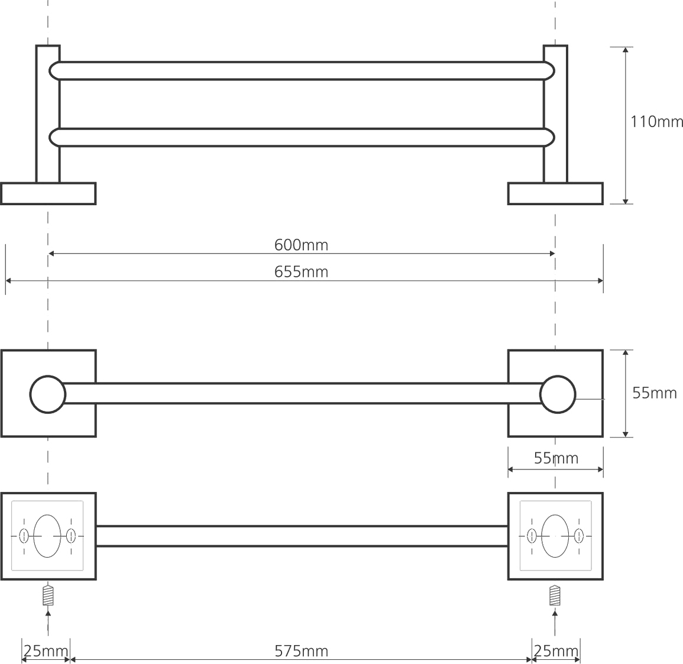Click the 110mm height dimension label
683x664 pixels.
[x=656, y=122]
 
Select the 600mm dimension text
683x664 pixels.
[x=301, y=245]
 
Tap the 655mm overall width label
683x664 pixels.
[x=301, y=272]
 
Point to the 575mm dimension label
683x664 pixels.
[x=301, y=652]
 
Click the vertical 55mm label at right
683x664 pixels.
[x=654, y=393]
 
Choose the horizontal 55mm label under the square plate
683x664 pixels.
[x=556, y=458]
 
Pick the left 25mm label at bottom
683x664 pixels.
[x=46, y=652]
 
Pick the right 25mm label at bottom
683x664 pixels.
[x=556, y=652]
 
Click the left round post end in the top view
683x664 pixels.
[x=48, y=394]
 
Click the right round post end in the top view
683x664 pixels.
[x=558, y=394]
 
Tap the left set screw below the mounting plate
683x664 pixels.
[x=48, y=595]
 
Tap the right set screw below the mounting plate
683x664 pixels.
[x=555, y=595]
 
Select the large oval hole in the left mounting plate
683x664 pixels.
[x=47, y=536]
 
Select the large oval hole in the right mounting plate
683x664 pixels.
[x=555, y=536]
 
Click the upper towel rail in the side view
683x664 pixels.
[x=302, y=70]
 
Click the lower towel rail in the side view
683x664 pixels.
[x=302, y=137]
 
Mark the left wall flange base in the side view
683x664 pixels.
[x=48, y=194]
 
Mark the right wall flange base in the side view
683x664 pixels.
[x=555, y=194]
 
